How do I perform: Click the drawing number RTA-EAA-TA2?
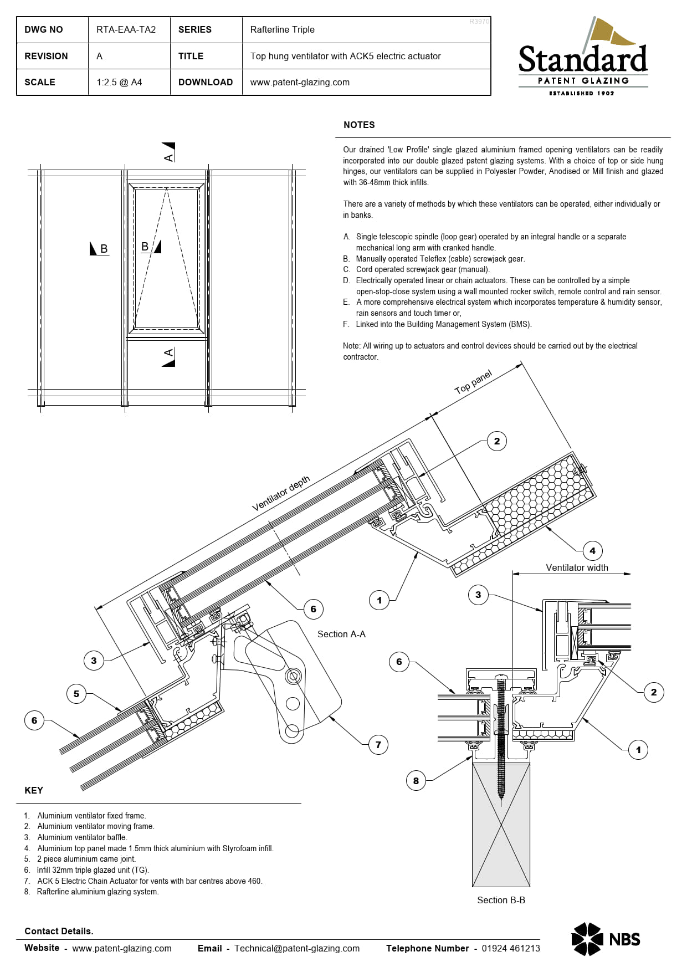(x=126, y=30)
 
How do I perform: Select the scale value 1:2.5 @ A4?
(x=119, y=82)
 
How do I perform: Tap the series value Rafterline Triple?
(x=282, y=30)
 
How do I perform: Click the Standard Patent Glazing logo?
(x=583, y=57)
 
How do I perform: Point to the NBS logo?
(x=606, y=939)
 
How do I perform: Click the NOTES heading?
(x=359, y=125)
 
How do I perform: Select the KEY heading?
(x=34, y=790)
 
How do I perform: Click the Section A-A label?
(x=341, y=634)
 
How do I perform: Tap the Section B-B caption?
(x=501, y=900)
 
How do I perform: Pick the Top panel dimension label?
(x=473, y=382)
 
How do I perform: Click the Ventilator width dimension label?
(x=577, y=567)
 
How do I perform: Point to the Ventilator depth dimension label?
(x=281, y=493)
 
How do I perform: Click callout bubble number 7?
(x=378, y=745)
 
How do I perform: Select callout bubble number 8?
(x=416, y=781)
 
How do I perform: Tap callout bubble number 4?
(x=592, y=551)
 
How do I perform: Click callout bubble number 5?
(x=76, y=694)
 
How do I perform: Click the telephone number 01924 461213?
(x=511, y=948)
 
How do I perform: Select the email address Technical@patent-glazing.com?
(x=297, y=948)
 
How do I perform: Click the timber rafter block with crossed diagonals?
(x=501, y=825)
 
